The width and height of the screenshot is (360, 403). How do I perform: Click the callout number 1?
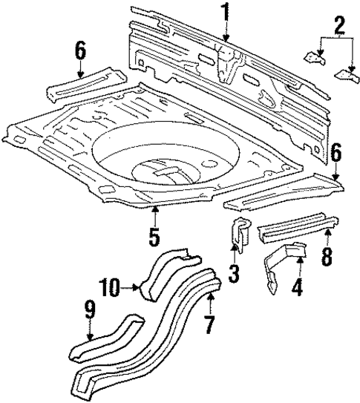[x=224, y=13]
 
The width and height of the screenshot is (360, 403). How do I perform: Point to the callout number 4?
[x=298, y=285]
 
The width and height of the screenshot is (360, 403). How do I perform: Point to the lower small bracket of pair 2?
[x=345, y=73]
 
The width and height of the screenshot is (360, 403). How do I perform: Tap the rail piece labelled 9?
[x=104, y=338]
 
